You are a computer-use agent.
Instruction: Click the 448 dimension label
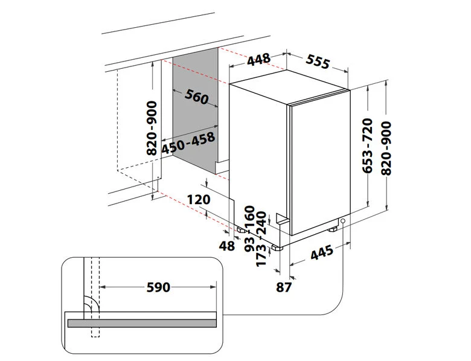258,59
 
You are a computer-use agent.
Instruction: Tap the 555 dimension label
318,62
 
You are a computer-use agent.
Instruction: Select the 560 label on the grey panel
196,97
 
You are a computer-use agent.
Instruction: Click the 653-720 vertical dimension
367,145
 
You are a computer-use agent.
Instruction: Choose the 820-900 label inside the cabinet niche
152,128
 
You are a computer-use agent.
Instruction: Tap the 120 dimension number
199,199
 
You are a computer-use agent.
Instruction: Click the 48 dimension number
226,246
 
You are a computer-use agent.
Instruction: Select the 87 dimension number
284,287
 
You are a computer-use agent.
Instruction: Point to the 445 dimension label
322,252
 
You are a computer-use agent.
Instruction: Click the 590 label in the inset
158,287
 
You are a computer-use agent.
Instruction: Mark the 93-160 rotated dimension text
250,229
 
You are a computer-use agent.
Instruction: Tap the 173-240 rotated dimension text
261,239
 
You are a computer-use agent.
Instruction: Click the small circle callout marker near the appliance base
343,221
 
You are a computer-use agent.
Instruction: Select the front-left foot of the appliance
277,248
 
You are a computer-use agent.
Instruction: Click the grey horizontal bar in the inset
142,323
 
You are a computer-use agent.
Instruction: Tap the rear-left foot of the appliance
241,231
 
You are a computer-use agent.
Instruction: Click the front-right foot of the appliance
333,229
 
